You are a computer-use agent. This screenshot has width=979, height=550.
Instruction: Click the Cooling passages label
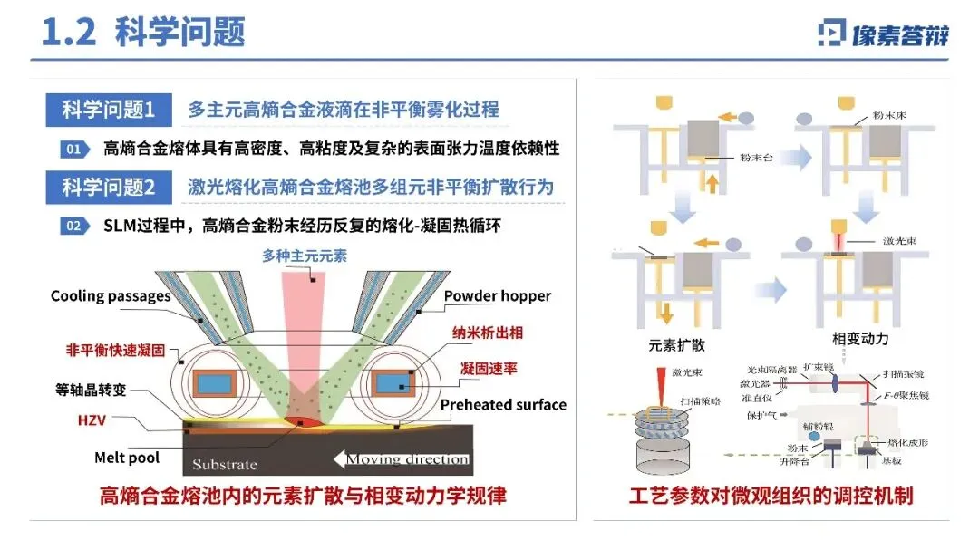click(111, 296)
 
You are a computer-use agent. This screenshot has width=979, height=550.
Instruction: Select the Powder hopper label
click(497, 296)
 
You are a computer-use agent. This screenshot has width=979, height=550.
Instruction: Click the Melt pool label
click(127, 458)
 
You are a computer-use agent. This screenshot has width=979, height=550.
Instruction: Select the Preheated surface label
click(503, 405)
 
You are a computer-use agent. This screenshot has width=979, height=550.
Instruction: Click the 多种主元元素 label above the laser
click(305, 256)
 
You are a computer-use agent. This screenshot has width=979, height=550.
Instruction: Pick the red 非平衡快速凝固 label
click(115, 350)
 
